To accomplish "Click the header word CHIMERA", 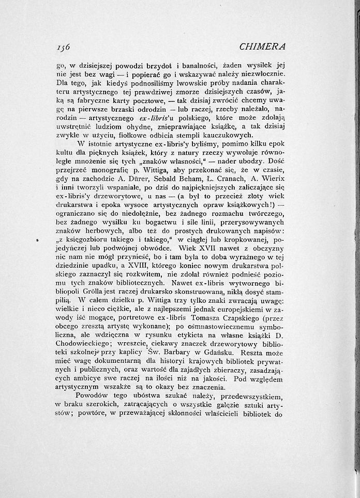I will coord(263,47).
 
